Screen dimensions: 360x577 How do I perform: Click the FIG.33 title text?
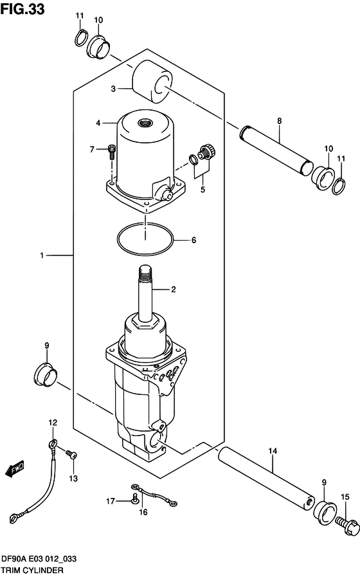click(x=22, y=9)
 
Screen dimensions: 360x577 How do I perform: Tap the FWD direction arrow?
click(x=15, y=469)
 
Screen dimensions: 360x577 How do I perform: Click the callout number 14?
click(x=273, y=451)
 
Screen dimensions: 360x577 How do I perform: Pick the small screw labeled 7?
click(x=111, y=152)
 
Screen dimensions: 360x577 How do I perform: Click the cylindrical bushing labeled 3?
click(x=152, y=81)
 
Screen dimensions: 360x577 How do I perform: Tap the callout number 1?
click(x=42, y=255)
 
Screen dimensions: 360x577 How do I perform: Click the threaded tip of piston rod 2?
click(x=145, y=272)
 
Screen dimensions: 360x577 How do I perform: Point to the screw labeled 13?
click(x=71, y=455)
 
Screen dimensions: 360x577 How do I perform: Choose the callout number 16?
click(x=143, y=512)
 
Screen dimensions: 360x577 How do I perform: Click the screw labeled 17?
click(x=135, y=500)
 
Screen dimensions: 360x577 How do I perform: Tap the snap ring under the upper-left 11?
click(x=81, y=38)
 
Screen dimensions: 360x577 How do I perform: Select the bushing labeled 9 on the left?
click(x=46, y=376)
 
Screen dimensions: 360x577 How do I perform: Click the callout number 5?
click(x=203, y=190)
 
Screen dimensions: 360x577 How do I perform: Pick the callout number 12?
click(x=53, y=423)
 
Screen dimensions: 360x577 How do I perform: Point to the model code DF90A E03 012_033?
click(x=39, y=559)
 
